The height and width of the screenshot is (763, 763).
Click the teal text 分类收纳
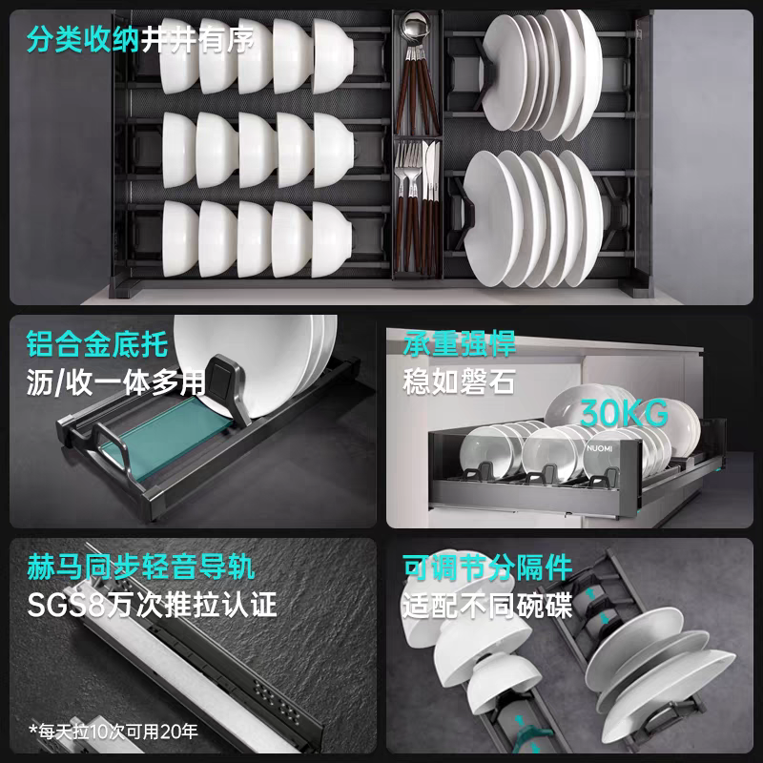tap(83, 39)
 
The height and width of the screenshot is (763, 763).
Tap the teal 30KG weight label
tap(624, 414)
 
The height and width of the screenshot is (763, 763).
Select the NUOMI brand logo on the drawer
tap(600, 448)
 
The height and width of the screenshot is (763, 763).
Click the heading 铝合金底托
tap(97, 344)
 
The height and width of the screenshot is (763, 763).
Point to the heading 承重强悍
tap(459, 344)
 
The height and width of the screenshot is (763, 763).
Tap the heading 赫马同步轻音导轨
tap(140, 567)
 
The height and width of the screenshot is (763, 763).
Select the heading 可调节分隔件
tap(487, 567)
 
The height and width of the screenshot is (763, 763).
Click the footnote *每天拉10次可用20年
tap(113, 731)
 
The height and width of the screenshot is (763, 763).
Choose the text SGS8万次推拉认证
tap(152, 605)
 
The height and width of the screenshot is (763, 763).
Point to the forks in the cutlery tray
tap(408, 165)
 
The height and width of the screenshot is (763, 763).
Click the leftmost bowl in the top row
tap(178, 55)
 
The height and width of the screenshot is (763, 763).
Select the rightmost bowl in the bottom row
tap(331, 239)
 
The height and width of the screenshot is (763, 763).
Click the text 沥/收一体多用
tap(116, 382)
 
